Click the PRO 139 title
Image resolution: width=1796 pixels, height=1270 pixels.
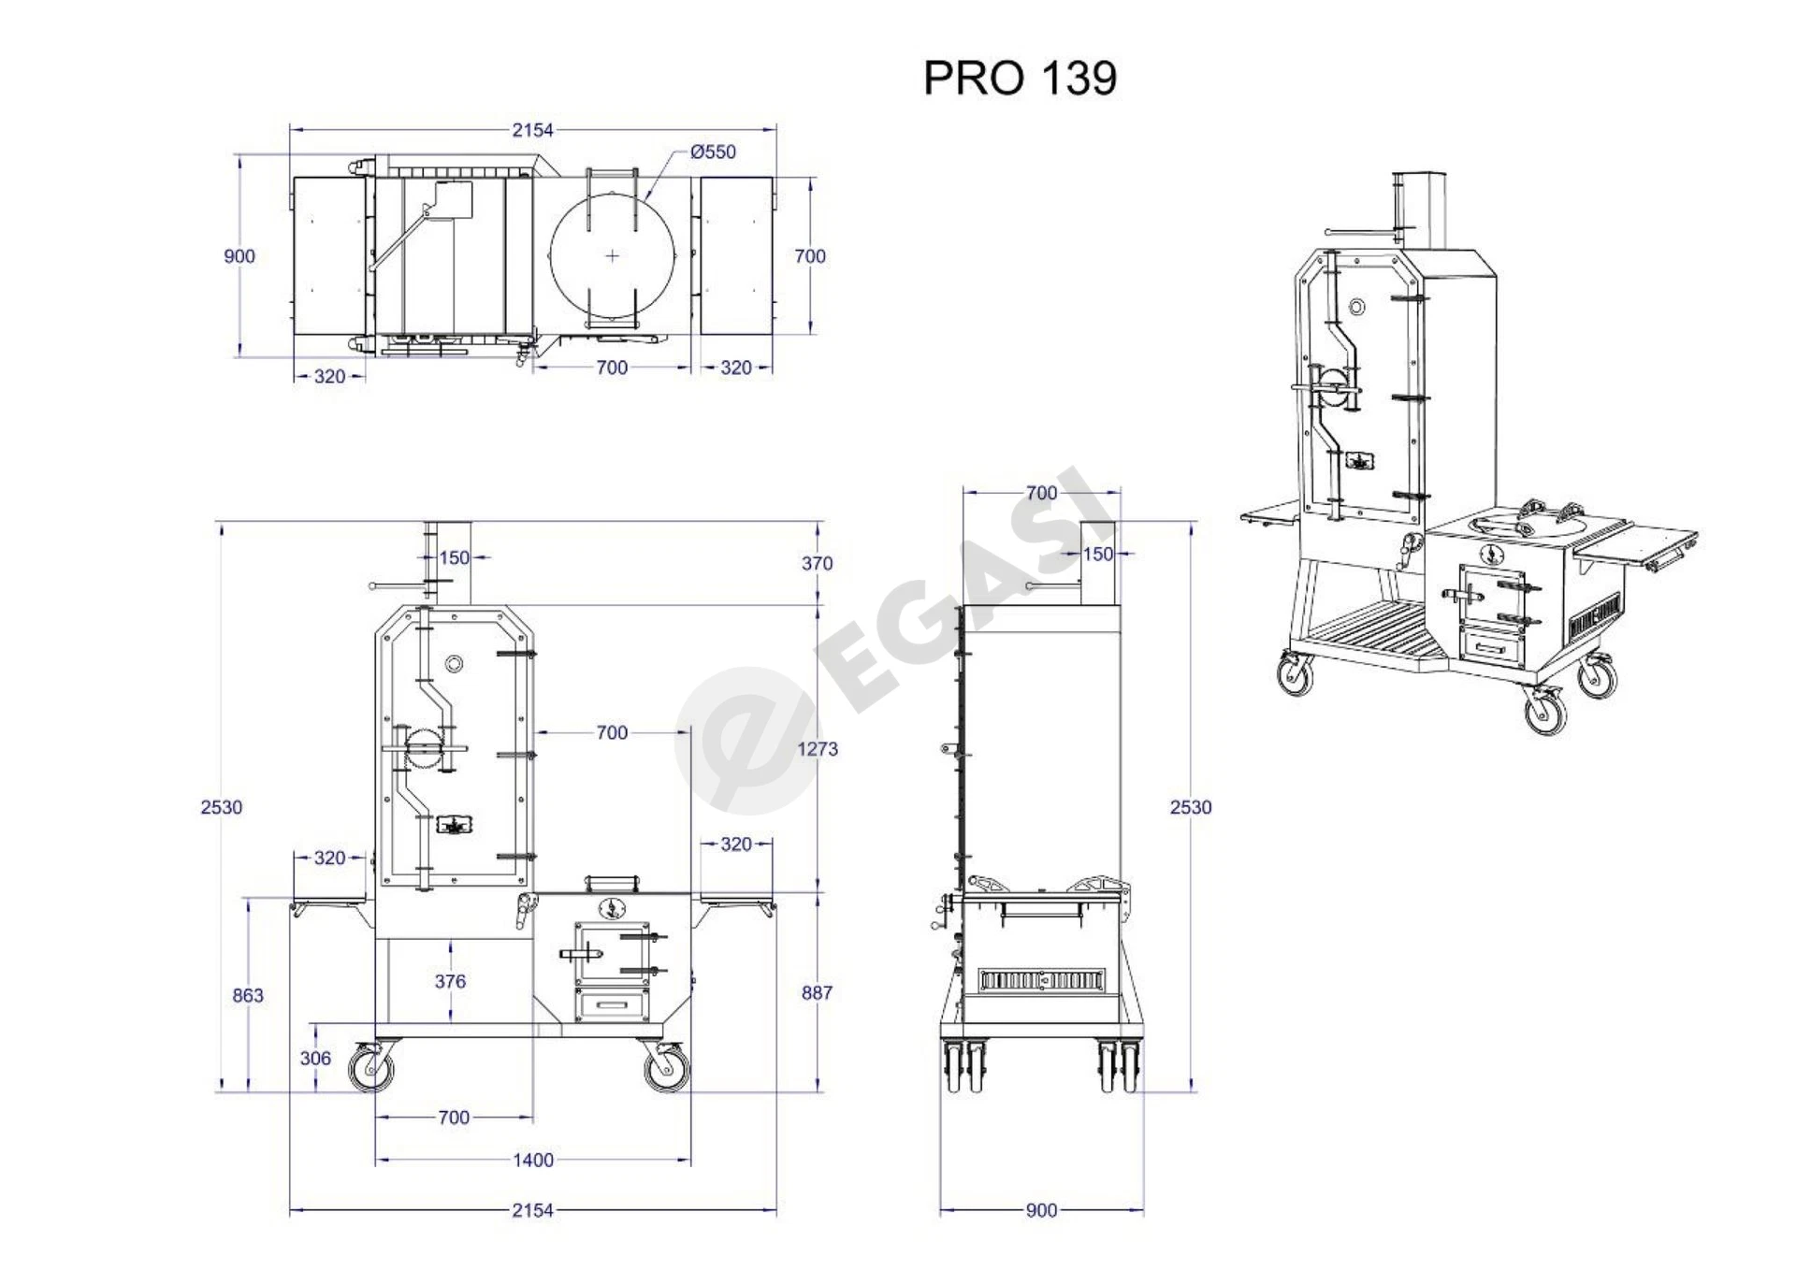click(x=1020, y=78)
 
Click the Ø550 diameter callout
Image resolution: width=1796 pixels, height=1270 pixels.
click(x=713, y=152)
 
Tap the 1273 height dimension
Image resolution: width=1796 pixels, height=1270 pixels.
click(x=818, y=749)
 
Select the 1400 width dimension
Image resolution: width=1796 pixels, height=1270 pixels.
click(x=533, y=1160)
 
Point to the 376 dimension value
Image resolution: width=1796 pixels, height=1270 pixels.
click(x=450, y=981)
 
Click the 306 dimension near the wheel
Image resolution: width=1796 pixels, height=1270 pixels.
click(x=315, y=1058)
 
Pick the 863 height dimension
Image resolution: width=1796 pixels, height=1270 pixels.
click(x=248, y=995)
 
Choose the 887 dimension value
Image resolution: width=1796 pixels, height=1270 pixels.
click(x=817, y=992)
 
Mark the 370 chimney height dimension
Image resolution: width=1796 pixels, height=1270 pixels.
click(x=817, y=563)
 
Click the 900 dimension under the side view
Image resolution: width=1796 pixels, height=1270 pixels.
click(x=1041, y=1210)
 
